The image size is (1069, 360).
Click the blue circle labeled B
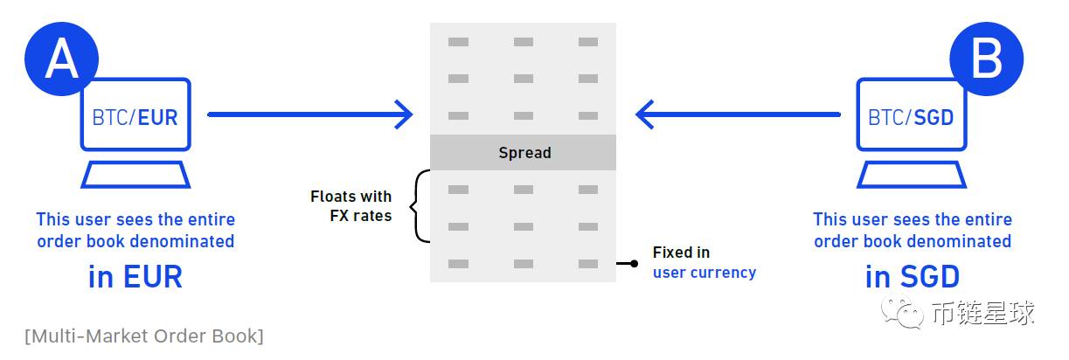coord(986,59)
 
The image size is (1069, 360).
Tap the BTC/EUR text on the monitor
coord(135,117)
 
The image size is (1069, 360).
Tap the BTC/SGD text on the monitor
coord(911,117)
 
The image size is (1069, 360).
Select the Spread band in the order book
coord(524,153)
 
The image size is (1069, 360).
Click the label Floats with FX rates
coord(351,205)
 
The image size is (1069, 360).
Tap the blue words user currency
coord(704,273)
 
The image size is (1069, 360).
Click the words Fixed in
coord(681,253)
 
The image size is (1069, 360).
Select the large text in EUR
coord(135,277)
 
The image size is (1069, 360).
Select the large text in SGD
coord(913,277)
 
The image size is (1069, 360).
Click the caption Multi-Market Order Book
coord(144,336)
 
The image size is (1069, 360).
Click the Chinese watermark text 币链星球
coord(983,312)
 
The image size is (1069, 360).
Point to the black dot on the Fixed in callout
coord(634,263)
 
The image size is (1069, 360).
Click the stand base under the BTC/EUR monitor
coord(135,175)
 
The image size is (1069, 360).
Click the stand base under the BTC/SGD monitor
coord(911,175)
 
